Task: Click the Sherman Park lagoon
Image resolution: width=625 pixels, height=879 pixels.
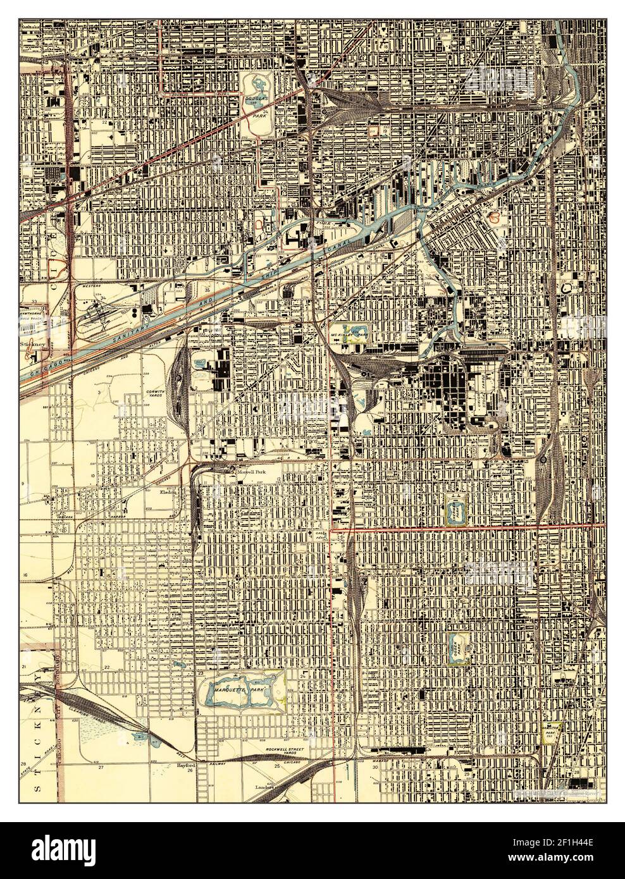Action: point(456,508)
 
